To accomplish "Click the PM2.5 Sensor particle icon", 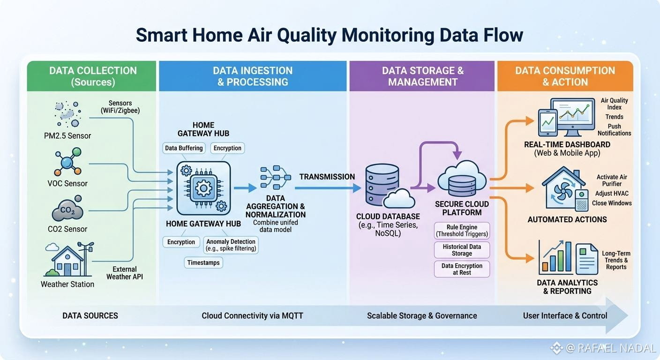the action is (x=68, y=114).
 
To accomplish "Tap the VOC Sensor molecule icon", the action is (x=68, y=162).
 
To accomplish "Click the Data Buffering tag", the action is (x=184, y=148).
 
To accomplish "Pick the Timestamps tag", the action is (x=203, y=262).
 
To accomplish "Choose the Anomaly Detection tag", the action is (x=231, y=245).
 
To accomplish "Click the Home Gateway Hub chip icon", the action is (x=203, y=188).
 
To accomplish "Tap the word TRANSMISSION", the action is (x=327, y=177).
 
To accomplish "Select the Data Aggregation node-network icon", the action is (x=276, y=177).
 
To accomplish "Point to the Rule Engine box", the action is (x=462, y=231).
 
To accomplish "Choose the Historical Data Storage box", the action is (x=462, y=250).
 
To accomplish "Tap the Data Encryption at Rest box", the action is (x=462, y=269).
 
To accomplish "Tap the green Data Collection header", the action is (x=91, y=76).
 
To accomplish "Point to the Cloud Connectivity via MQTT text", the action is (x=252, y=316).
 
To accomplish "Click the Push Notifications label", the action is (x=615, y=130).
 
